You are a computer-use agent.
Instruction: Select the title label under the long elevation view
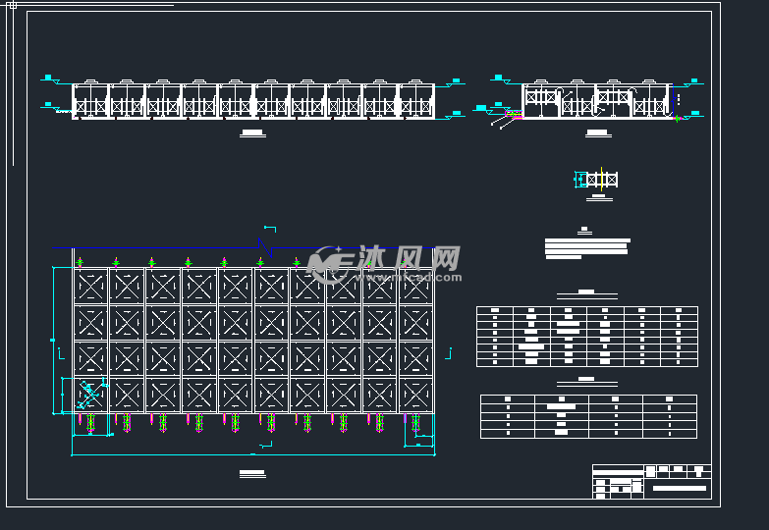[252, 132]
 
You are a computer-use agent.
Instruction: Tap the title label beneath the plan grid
[252, 473]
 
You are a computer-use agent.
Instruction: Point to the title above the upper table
[586, 291]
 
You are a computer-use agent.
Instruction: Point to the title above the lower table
[586, 379]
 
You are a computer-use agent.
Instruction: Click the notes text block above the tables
[586, 247]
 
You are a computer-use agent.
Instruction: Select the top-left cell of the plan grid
[90, 286]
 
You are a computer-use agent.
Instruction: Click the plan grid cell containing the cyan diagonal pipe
[90, 395]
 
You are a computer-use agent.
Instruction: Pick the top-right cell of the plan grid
[415, 286]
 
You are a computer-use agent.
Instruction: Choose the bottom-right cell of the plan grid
[415, 395]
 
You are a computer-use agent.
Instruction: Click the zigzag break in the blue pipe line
[260, 242]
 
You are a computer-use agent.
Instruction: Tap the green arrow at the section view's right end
[677, 118]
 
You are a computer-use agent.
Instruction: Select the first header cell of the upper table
[495, 310]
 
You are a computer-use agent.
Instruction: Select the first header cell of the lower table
[508, 398]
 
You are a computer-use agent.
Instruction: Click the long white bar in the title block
[680, 488]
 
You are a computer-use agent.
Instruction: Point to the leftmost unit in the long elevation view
[90, 100]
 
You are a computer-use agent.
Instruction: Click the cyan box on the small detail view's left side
[580, 179]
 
